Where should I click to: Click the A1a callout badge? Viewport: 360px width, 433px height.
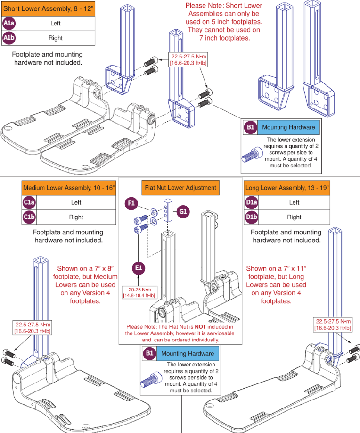point(8,23)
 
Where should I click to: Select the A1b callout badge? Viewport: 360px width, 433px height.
point(8,38)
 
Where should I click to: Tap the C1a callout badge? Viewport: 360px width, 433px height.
point(28,202)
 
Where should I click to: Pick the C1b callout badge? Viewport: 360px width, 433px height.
point(28,217)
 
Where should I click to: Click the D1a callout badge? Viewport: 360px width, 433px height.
point(251,202)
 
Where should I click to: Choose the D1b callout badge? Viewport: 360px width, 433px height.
point(251,217)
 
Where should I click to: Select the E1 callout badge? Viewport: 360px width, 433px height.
point(138,267)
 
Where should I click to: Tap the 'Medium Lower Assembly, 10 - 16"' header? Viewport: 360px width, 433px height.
point(69,188)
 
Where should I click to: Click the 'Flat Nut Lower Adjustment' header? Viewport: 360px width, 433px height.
point(181,187)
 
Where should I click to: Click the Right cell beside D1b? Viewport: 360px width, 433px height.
point(294,217)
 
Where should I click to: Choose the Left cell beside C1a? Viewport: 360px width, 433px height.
point(76,202)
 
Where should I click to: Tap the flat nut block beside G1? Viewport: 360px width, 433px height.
point(167,210)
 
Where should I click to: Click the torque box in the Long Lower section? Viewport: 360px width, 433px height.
point(332,324)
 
